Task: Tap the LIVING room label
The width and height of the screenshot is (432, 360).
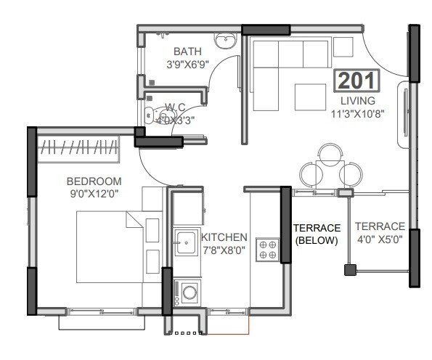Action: click(x=358, y=100)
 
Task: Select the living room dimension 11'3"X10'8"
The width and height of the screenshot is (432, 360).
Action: click(x=358, y=113)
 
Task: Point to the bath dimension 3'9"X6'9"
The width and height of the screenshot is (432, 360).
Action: click(x=188, y=64)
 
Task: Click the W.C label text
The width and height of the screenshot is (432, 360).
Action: click(x=176, y=108)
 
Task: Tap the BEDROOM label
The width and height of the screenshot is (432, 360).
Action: click(x=94, y=181)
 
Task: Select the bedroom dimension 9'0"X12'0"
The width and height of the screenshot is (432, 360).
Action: click(x=94, y=194)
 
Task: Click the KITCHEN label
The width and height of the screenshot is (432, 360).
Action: click(x=224, y=237)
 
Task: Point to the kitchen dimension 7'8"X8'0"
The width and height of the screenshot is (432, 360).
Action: click(x=224, y=250)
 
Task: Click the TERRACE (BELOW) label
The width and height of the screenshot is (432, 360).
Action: click(x=317, y=234)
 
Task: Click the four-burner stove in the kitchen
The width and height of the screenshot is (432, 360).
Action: click(x=268, y=250)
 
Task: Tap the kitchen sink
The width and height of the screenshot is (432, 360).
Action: click(x=185, y=240)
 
